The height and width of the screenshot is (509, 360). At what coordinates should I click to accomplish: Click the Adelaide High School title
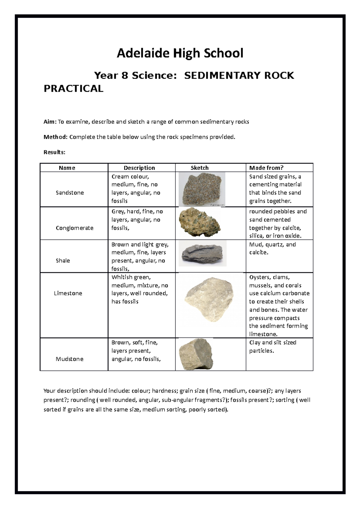[x=180, y=53]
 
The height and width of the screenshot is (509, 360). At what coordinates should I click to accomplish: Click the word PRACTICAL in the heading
[x=73, y=88]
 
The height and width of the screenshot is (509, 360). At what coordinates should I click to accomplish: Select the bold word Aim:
[x=50, y=122]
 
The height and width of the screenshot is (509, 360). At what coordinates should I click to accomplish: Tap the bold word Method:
[x=56, y=137]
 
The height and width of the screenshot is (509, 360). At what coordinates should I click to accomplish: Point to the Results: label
[x=54, y=152]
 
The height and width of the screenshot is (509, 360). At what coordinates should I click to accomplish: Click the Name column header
[x=67, y=168]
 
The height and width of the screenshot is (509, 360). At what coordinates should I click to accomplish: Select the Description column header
[x=139, y=168]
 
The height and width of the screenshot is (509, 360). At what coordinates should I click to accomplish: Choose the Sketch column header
[x=199, y=168]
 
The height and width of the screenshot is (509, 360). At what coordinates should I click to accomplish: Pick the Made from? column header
[x=266, y=168]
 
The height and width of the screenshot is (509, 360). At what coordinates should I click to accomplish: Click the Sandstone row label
[x=70, y=193]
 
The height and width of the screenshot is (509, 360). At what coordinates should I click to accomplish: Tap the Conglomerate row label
[x=74, y=228]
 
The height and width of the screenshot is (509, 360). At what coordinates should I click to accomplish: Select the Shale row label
[x=63, y=260]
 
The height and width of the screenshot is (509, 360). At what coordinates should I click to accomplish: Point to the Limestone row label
[x=68, y=293]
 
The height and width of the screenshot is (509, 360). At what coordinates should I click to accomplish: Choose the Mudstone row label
[x=69, y=359]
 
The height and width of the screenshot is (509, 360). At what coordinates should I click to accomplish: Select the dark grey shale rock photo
[x=202, y=254]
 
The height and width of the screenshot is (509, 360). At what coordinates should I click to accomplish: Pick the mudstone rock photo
[x=196, y=354]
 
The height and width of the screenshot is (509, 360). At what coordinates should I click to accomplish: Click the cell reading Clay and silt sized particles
[x=272, y=347]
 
